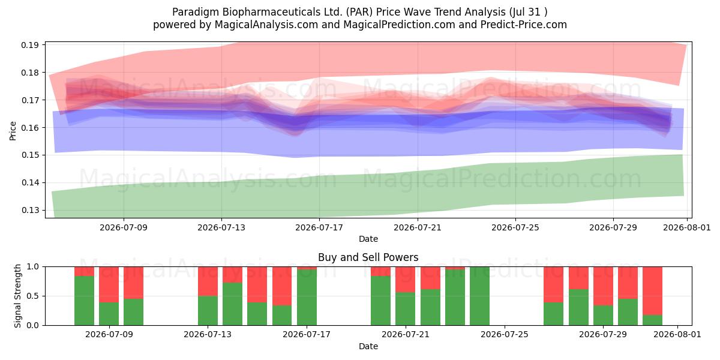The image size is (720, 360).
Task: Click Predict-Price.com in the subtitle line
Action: (x=524, y=25)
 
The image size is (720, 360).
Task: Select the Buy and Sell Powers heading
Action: (x=368, y=257)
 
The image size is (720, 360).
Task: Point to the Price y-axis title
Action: (x=13, y=131)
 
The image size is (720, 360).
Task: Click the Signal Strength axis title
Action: (x=17, y=296)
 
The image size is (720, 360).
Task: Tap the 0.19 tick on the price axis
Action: (x=30, y=45)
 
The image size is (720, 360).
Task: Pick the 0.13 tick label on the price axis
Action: (x=30, y=210)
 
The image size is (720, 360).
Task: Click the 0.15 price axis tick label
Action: (x=30, y=155)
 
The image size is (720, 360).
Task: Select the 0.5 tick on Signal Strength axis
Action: (x=32, y=296)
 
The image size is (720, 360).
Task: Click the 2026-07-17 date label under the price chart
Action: (x=319, y=227)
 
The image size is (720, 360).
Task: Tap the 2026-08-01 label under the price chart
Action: (x=687, y=227)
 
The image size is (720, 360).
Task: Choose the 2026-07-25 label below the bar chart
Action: (x=505, y=334)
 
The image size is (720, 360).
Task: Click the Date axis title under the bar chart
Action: (x=368, y=346)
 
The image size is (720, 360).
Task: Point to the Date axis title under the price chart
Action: (x=368, y=239)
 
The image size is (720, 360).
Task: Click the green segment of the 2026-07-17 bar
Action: (x=307, y=298)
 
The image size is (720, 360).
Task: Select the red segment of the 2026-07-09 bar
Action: (x=109, y=284)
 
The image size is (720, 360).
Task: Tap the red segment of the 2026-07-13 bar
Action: (x=208, y=281)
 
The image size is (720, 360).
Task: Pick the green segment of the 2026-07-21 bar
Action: (x=406, y=308)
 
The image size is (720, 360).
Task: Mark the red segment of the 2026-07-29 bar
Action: (x=603, y=286)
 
